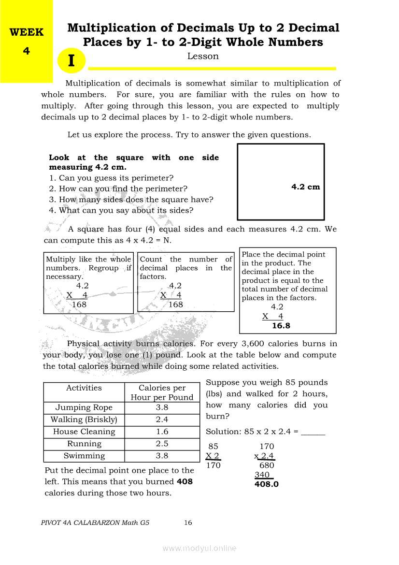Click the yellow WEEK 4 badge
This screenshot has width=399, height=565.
tap(26, 42)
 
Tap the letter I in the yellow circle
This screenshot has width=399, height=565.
tap(71, 61)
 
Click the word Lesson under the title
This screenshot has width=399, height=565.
tap(203, 56)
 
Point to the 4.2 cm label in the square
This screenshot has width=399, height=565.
tap(305, 187)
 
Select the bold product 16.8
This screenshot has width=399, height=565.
tap(281, 326)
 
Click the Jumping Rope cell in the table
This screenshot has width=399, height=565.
tap(84, 407)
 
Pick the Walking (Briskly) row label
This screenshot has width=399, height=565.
tap(84, 420)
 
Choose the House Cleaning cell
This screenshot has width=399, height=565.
tap(84, 432)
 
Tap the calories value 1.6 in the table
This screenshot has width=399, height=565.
tap(162, 432)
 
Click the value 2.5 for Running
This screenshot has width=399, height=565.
tap(162, 444)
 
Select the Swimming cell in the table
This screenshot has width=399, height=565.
tap(84, 456)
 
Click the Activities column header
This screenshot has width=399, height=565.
tap(84, 388)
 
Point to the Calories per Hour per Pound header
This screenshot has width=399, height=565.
tap(162, 392)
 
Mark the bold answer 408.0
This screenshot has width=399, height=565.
tap(267, 484)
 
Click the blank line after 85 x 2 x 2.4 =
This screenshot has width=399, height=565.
tap(313, 432)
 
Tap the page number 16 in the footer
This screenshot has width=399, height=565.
tap(188, 522)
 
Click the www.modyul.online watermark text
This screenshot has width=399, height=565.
tap(199, 548)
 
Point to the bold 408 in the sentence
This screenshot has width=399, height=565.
tap(185, 481)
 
